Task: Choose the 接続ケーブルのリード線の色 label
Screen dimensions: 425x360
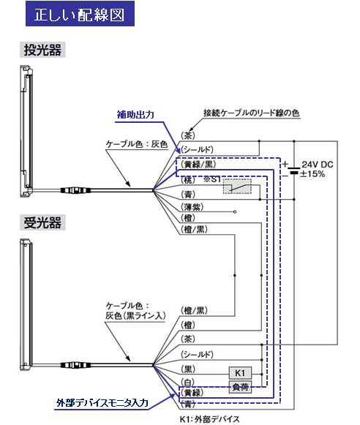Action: pos(250,113)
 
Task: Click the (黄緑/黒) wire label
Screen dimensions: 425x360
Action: pos(199,165)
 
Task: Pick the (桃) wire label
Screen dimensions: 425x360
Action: pos(188,179)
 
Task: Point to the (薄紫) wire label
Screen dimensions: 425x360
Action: pos(193,208)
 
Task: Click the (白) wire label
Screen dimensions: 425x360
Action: pos(188,382)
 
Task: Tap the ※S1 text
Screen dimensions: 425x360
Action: pos(213,179)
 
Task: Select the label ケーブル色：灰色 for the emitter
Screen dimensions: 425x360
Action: pos(138,145)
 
